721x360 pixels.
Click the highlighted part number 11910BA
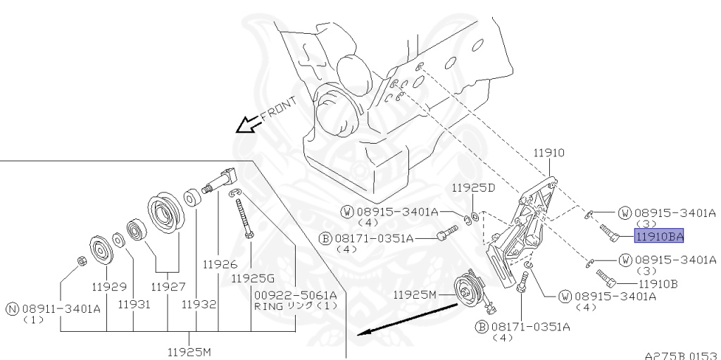click(x=658, y=237)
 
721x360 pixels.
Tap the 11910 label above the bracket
click(x=548, y=152)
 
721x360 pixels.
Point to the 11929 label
click(x=108, y=287)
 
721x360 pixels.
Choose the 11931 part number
click(x=134, y=304)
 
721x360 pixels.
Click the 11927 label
click(x=168, y=287)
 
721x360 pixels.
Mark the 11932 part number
click(x=198, y=304)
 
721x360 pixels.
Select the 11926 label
click(x=219, y=265)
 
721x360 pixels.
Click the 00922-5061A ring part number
click(x=296, y=294)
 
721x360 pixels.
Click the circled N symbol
click(x=12, y=308)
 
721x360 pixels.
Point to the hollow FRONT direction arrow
click(x=246, y=125)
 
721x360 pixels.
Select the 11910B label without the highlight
click(x=658, y=284)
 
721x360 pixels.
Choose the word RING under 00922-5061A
click(x=268, y=306)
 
